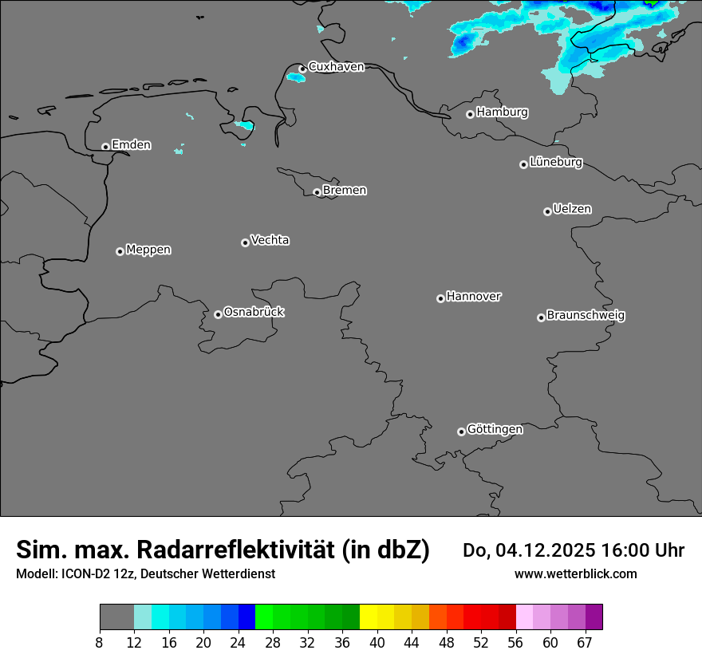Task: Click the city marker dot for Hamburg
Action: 470,114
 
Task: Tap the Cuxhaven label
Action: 336,67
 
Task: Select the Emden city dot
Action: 105,147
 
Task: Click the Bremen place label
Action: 345,191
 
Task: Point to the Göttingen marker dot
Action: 461,431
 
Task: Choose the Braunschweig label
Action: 586,316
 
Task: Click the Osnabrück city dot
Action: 218,314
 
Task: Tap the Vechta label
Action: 270,240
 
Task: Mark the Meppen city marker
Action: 120,251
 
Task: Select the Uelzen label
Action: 572,209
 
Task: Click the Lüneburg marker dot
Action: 523,164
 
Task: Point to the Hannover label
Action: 473,297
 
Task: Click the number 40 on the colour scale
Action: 377,643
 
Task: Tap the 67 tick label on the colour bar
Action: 585,643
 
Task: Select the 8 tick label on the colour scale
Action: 100,643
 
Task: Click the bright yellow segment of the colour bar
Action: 368,617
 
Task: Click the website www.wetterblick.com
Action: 575,573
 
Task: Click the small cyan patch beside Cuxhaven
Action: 296,77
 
